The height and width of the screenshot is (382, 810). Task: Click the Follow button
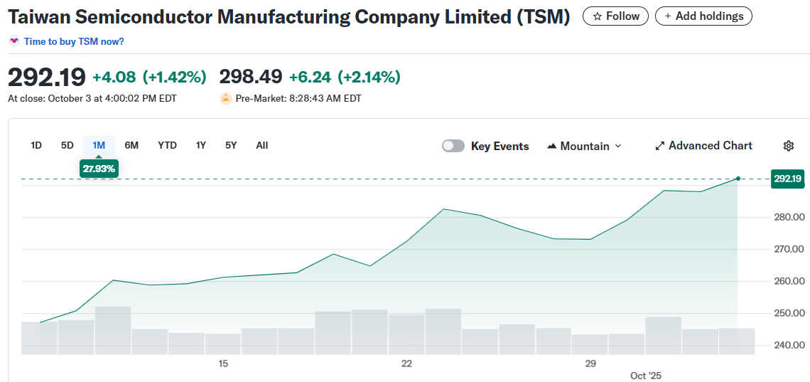(615, 16)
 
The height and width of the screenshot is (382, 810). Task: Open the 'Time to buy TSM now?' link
(74, 41)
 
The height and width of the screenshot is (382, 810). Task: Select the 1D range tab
(36, 145)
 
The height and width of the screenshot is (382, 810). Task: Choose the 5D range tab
(67, 145)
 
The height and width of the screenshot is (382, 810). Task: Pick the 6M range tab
(131, 145)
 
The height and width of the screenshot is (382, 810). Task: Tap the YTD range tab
(167, 145)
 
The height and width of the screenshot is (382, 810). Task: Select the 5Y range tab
(231, 145)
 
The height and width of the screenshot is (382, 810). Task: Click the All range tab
(262, 145)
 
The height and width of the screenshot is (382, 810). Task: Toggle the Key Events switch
(453, 146)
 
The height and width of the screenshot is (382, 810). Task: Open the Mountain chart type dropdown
(584, 146)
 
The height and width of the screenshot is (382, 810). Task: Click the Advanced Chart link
(703, 145)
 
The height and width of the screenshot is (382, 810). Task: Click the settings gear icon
(788, 146)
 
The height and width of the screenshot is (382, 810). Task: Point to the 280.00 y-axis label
(788, 217)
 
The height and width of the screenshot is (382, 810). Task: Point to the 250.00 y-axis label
(788, 313)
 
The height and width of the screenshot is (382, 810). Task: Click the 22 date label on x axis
(406, 364)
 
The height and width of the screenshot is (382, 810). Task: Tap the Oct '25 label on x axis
(646, 375)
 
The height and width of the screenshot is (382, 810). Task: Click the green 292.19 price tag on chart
(787, 179)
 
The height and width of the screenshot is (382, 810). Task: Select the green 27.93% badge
(99, 169)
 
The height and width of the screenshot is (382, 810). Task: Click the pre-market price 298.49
(251, 76)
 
